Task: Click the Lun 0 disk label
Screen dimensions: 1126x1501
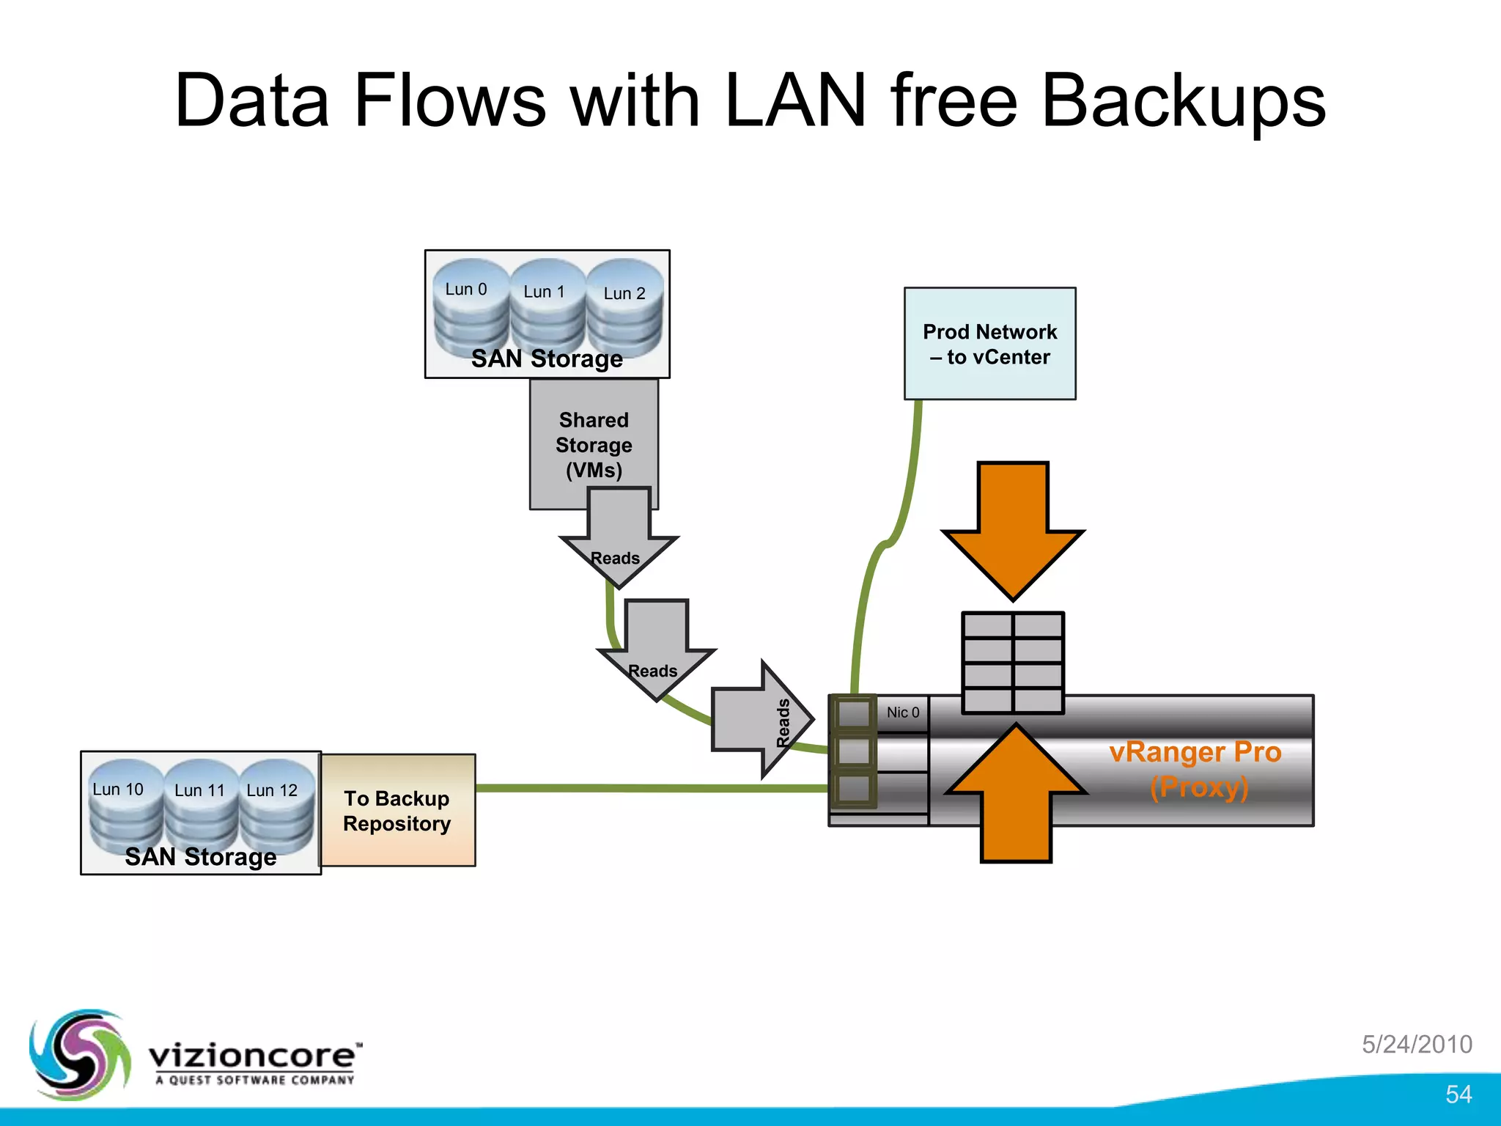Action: pos(466,290)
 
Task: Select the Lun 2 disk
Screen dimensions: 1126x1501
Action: pos(624,308)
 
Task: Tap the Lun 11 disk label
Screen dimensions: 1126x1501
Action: pos(199,790)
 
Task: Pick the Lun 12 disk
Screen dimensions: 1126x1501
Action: pos(274,806)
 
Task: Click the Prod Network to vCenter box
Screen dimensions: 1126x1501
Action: pos(989,344)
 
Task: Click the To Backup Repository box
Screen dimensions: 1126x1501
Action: pos(397,811)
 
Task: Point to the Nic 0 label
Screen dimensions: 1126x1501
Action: pos(902,713)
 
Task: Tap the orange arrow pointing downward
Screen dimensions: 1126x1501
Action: pos(1013,527)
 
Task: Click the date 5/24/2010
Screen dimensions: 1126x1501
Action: pos(1417,1044)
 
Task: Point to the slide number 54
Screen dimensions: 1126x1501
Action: pos(1458,1094)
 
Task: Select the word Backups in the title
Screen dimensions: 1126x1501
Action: pos(1183,101)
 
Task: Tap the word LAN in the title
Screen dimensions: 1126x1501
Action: pos(795,101)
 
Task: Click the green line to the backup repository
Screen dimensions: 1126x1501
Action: pos(652,788)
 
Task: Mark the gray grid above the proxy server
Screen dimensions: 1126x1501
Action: pos(1013,662)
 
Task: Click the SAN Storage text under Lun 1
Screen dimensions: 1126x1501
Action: pos(547,358)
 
